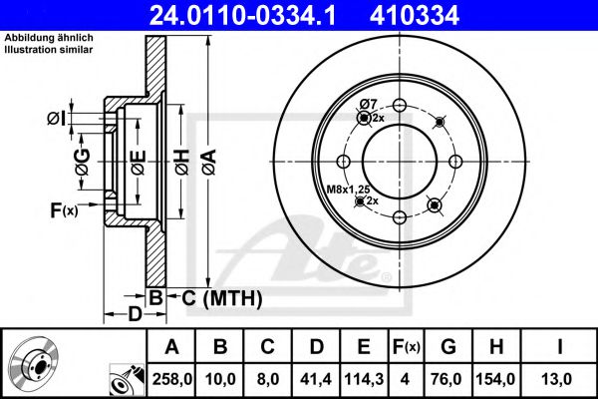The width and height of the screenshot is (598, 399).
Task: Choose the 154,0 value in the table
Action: click(x=497, y=379)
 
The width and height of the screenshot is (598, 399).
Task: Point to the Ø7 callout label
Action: click(x=367, y=105)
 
